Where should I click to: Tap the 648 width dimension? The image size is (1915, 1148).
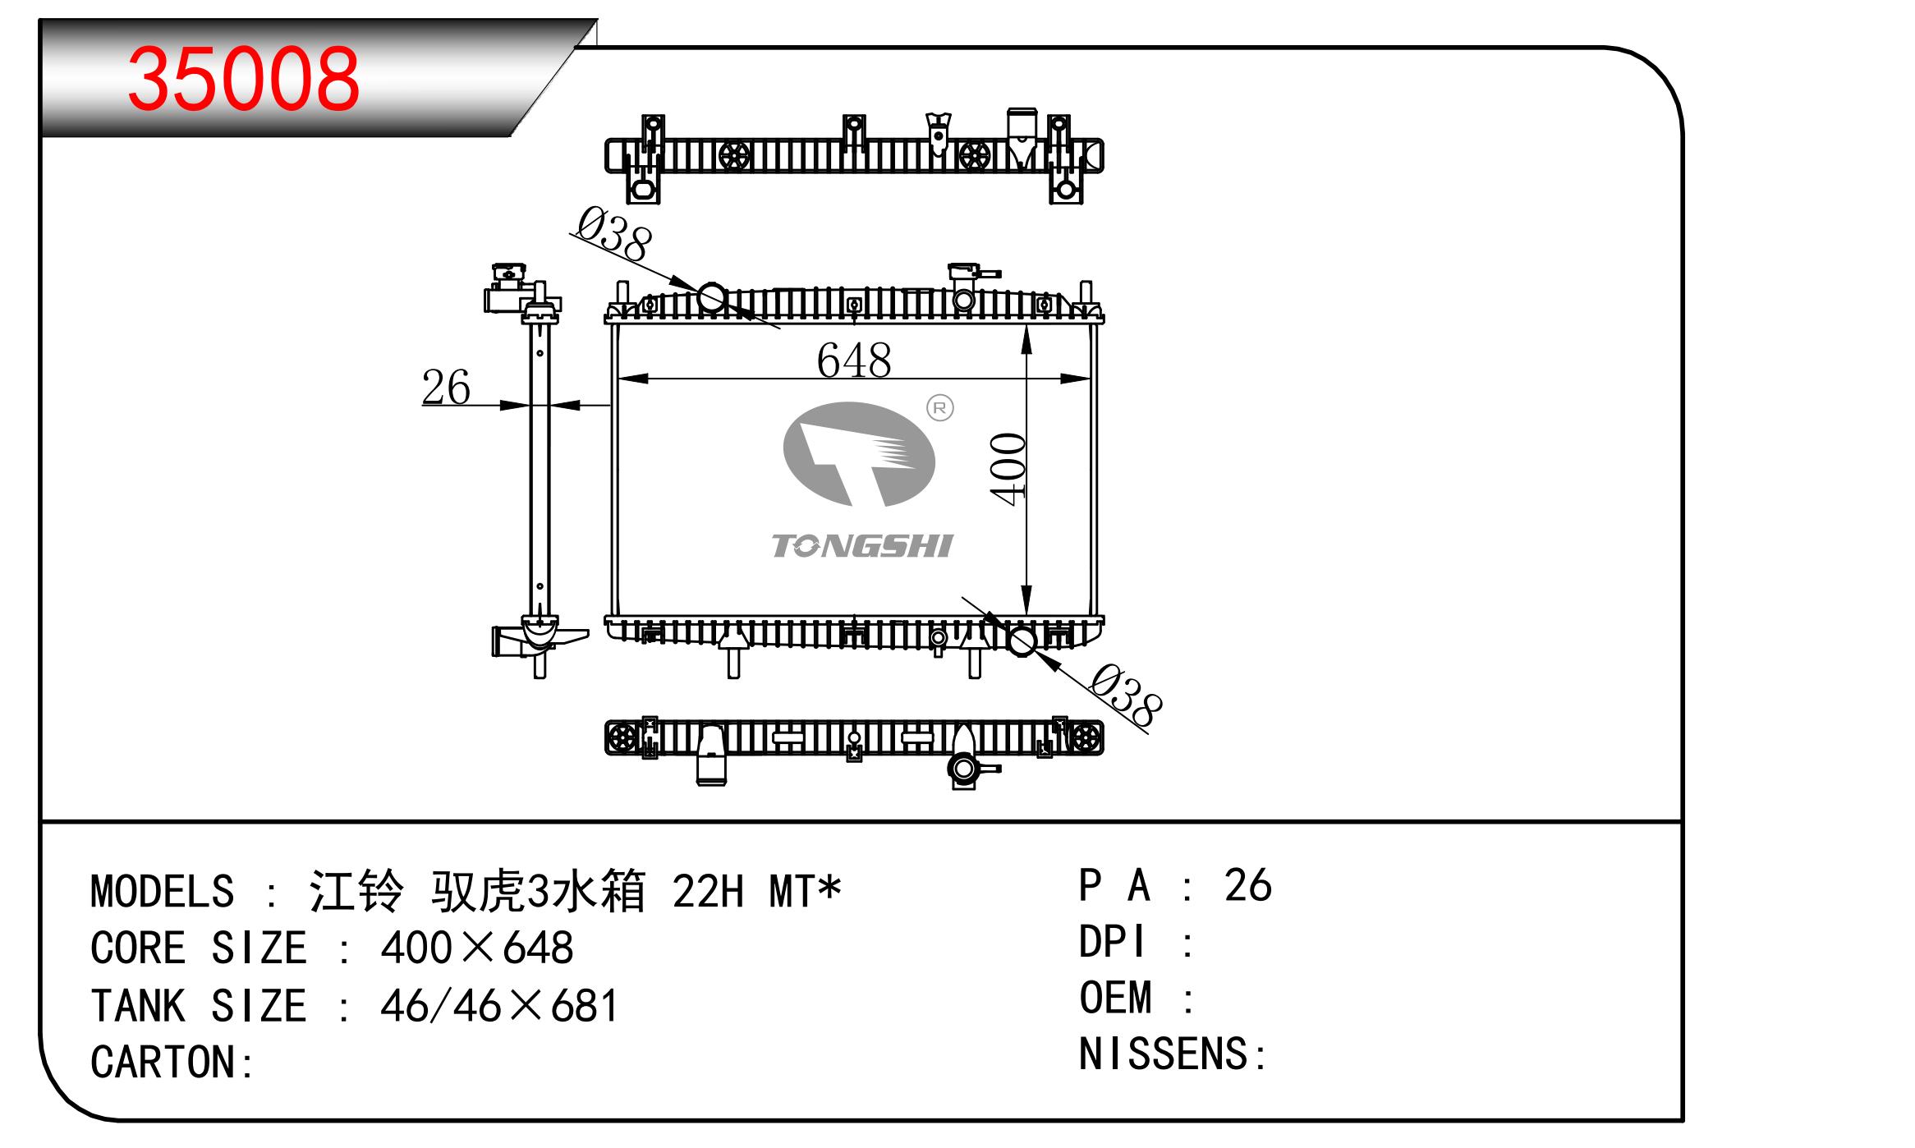tap(854, 360)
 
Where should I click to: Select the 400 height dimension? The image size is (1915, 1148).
tap(1008, 469)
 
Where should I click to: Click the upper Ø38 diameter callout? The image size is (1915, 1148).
tap(614, 234)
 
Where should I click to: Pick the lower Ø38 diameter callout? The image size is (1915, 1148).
tap(1126, 696)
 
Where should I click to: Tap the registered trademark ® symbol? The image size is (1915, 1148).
tap(939, 408)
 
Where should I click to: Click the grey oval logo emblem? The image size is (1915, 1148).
tap(859, 454)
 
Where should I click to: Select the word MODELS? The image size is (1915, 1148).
tap(162, 892)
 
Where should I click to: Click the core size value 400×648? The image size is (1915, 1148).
tap(477, 948)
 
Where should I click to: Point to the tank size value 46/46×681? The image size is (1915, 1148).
tap(499, 1006)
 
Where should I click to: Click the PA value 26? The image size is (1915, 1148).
tap(1247, 885)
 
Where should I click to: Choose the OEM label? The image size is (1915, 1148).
tap(1115, 999)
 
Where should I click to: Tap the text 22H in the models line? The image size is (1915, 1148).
tap(708, 892)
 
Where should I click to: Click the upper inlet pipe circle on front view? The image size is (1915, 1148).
tap(712, 297)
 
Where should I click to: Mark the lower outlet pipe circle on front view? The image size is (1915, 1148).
tap(1022, 641)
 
